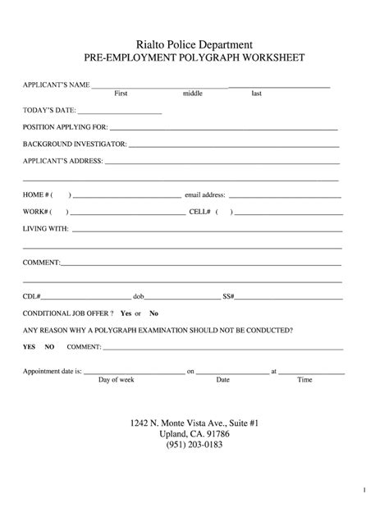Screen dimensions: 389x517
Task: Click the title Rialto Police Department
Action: pyautogui.click(x=194, y=44)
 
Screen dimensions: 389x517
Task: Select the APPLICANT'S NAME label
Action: pyautogui.click(x=56, y=85)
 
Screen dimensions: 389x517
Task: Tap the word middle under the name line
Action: pyautogui.click(x=193, y=94)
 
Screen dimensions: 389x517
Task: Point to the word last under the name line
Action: pyautogui.click(x=257, y=94)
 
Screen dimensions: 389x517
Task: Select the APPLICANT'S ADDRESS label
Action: pyautogui.click(x=62, y=161)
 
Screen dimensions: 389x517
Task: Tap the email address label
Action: pyautogui.click(x=205, y=195)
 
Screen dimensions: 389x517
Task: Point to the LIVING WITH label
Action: pyautogui.click(x=45, y=229)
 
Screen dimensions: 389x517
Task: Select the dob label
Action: pyautogui.click(x=139, y=296)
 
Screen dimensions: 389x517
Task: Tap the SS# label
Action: pyautogui.click(x=229, y=296)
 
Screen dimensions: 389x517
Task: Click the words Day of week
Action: pyautogui.click(x=116, y=380)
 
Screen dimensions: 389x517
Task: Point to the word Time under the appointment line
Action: pyautogui.click(x=304, y=380)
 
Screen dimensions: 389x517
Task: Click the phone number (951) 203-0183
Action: pyautogui.click(x=194, y=446)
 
